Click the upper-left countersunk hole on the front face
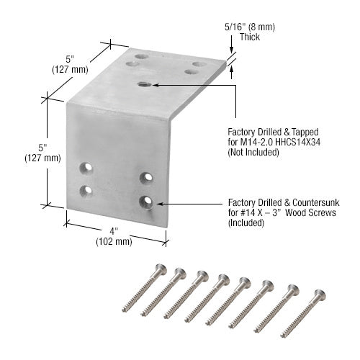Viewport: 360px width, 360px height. pyautogui.click(x=87, y=168)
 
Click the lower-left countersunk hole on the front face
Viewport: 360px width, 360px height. pyautogui.click(x=87, y=191)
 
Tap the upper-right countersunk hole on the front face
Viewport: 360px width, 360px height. pyautogui.click(x=146, y=177)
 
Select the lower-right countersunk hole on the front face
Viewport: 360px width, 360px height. pyautogui.click(x=147, y=201)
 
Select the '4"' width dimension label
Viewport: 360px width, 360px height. pyautogui.click(x=113, y=231)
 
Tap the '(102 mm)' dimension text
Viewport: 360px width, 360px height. pyautogui.click(x=113, y=242)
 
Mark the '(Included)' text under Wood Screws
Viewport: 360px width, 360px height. pyautogui.click(x=246, y=224)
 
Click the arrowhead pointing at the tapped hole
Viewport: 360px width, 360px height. pyautogui.click(x=156, y=85)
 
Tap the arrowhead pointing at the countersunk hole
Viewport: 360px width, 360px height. pyautogui.click(x=156, y=203)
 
